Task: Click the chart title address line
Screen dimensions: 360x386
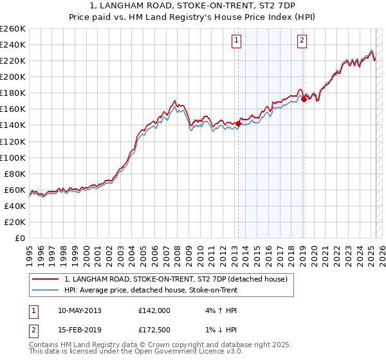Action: coord(192,6)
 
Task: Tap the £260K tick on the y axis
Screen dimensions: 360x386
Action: coord(13,29)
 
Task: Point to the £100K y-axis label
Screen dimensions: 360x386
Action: coord(13,157)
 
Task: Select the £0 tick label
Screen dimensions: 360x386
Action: coord(21,238)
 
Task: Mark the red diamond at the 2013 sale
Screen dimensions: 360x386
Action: coord(238,123)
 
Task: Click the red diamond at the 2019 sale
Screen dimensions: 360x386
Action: coord(304,99)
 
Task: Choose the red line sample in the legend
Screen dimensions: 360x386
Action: coord(46,279)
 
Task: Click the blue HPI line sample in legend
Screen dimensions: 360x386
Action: coord(46,290)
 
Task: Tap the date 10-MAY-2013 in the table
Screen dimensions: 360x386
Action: coord(80,310)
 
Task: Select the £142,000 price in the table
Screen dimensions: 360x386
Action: coord(154,310)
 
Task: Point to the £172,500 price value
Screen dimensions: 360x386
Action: coord(154,330)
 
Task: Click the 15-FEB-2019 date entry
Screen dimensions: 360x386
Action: coord(79,330)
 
